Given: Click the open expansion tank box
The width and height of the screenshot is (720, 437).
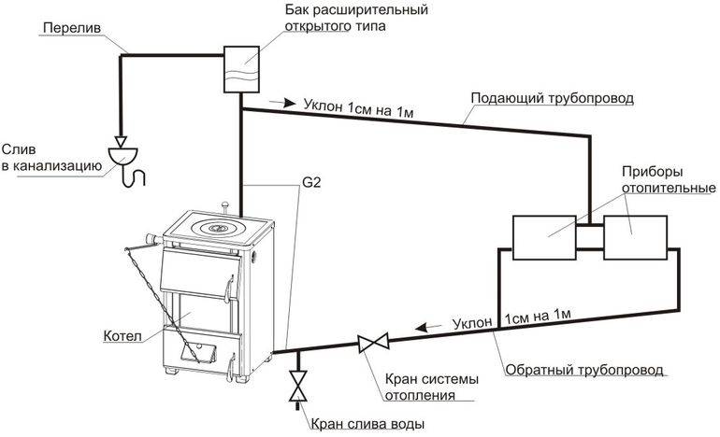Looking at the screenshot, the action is coord(241,69).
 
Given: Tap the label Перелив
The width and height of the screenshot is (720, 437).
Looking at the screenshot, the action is coord(72,28).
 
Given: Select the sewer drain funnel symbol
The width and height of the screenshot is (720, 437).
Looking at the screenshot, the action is coord(122,156).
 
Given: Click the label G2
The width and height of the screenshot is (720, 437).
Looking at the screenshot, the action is coord(311,182).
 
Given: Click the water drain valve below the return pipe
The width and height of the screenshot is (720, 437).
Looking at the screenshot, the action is coord(297,386).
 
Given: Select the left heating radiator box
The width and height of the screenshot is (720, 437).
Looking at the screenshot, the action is coord(544,237).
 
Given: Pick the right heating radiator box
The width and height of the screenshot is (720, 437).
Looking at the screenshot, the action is coord(635,237).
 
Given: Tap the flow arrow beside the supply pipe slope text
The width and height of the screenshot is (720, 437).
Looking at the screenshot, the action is coord(282,103).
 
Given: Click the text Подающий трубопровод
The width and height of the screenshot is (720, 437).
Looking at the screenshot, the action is coord(552,98).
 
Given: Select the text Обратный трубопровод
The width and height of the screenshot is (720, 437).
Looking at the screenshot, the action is coord(584,370).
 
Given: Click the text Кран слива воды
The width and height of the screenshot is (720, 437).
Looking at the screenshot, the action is coord(367,424).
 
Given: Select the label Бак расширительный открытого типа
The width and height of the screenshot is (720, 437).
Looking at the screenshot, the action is coord(356,17).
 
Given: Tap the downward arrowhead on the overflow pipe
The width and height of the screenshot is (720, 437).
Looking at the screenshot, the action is coord(122,141).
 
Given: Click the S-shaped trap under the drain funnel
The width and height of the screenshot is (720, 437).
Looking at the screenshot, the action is coord(135,176).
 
